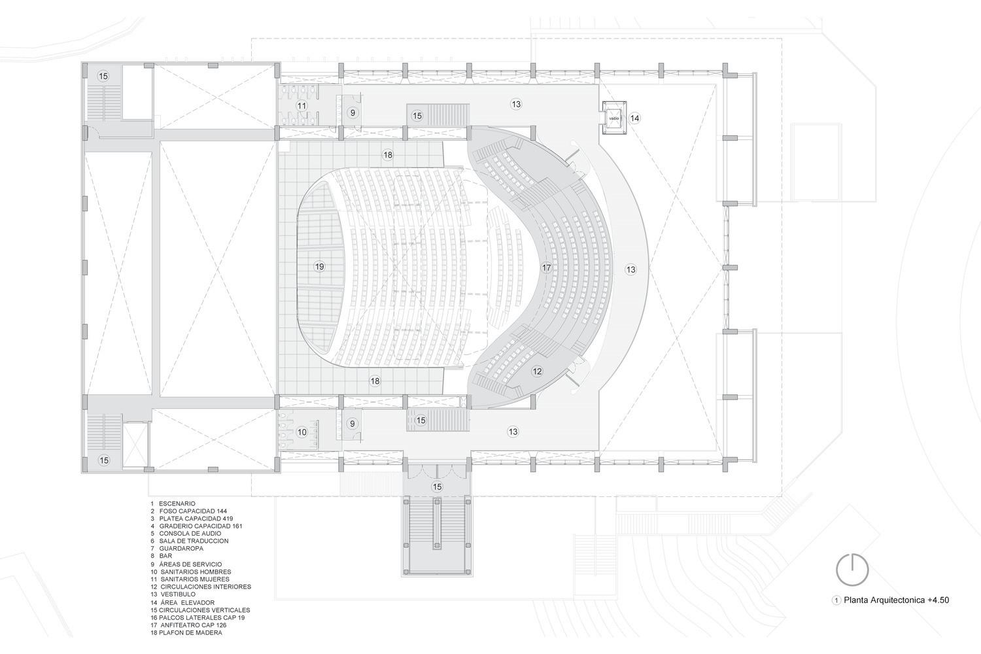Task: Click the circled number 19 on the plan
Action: tap(319, 266)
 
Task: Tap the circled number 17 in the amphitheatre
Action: tap(547, 267)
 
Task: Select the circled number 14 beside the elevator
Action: tap(634, 118)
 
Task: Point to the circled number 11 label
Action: tap(301, 105)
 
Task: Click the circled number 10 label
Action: tap(301, 432)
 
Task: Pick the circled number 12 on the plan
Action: tap(537, 371)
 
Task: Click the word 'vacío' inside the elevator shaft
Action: tap(614, 118)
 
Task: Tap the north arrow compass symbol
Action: tap(852, 569)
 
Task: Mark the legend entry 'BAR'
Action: tap(165, 556)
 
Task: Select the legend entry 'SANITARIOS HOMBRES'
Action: tap(196, 572)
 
